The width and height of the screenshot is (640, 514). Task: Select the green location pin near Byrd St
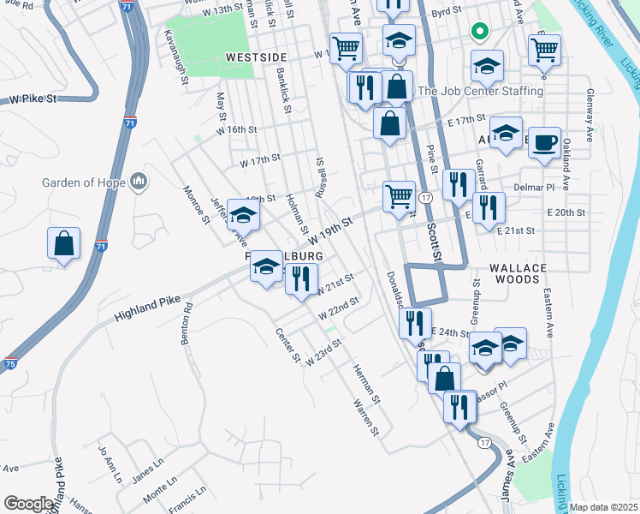(x=480, y=34)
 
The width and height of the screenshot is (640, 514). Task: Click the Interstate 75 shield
(x=11, y=363)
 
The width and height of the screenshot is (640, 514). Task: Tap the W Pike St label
(x=33, y=99)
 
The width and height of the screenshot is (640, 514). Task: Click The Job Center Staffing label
(x=480, y=91)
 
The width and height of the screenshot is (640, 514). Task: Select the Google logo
(x=28, y=504)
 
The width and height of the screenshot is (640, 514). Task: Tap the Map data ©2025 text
(x=603, y=507)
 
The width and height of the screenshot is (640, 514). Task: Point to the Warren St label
(x=365, y=415)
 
